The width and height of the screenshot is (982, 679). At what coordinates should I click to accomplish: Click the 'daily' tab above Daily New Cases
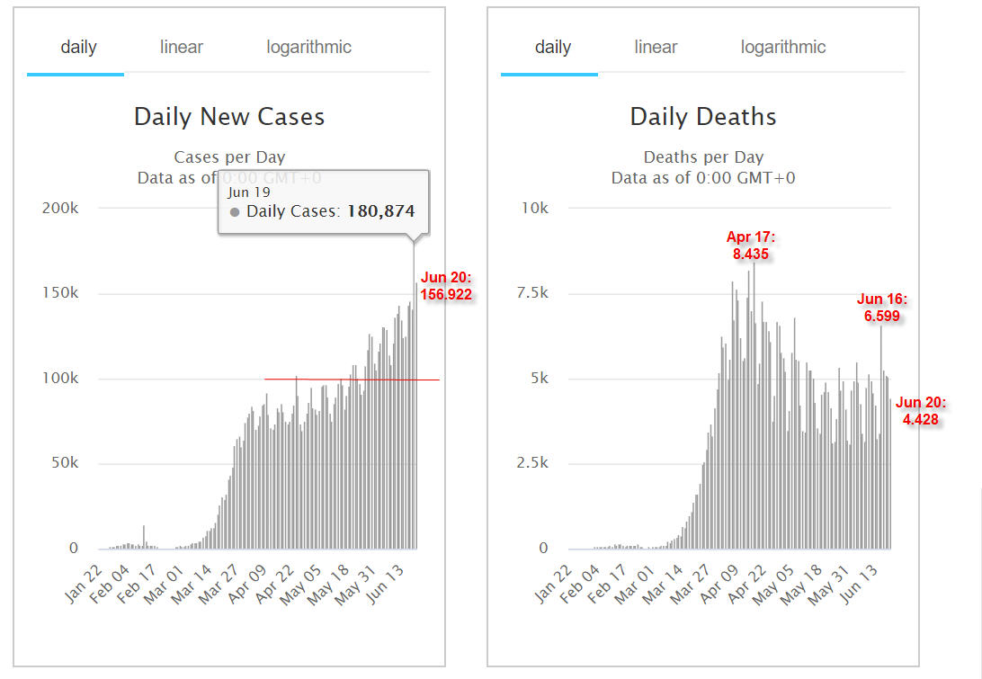78,48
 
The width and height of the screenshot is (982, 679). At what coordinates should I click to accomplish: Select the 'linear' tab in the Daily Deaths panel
656,47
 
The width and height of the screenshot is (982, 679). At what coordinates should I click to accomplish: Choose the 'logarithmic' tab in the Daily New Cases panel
308,48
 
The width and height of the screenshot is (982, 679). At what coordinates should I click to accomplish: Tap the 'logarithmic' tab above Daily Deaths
783,48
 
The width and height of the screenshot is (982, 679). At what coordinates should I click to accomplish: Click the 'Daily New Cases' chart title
229,117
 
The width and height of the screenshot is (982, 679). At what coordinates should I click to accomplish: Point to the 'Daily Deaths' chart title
703,117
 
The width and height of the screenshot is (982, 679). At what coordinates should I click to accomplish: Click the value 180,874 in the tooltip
380,211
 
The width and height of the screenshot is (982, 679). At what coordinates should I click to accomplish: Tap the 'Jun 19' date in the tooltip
248,193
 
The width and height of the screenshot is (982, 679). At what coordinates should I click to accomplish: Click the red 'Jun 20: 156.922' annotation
446,286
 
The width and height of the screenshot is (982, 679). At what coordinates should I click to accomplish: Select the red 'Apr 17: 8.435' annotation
750,245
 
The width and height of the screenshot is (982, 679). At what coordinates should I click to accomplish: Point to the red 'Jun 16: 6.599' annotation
882,308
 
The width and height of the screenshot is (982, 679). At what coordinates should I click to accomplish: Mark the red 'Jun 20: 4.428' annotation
921,411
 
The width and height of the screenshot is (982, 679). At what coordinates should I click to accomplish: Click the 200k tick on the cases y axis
60,208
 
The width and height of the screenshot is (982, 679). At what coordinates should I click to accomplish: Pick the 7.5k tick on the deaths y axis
531,292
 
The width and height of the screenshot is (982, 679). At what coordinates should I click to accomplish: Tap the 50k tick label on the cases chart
65,463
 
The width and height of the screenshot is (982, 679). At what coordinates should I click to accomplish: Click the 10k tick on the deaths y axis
535,208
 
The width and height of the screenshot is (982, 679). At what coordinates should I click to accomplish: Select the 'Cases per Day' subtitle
229,157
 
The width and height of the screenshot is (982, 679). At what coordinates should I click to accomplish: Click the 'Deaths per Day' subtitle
703,157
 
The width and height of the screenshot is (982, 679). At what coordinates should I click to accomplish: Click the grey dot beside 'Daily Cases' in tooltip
235,212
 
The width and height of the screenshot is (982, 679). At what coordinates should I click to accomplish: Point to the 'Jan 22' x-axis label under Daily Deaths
554,585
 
